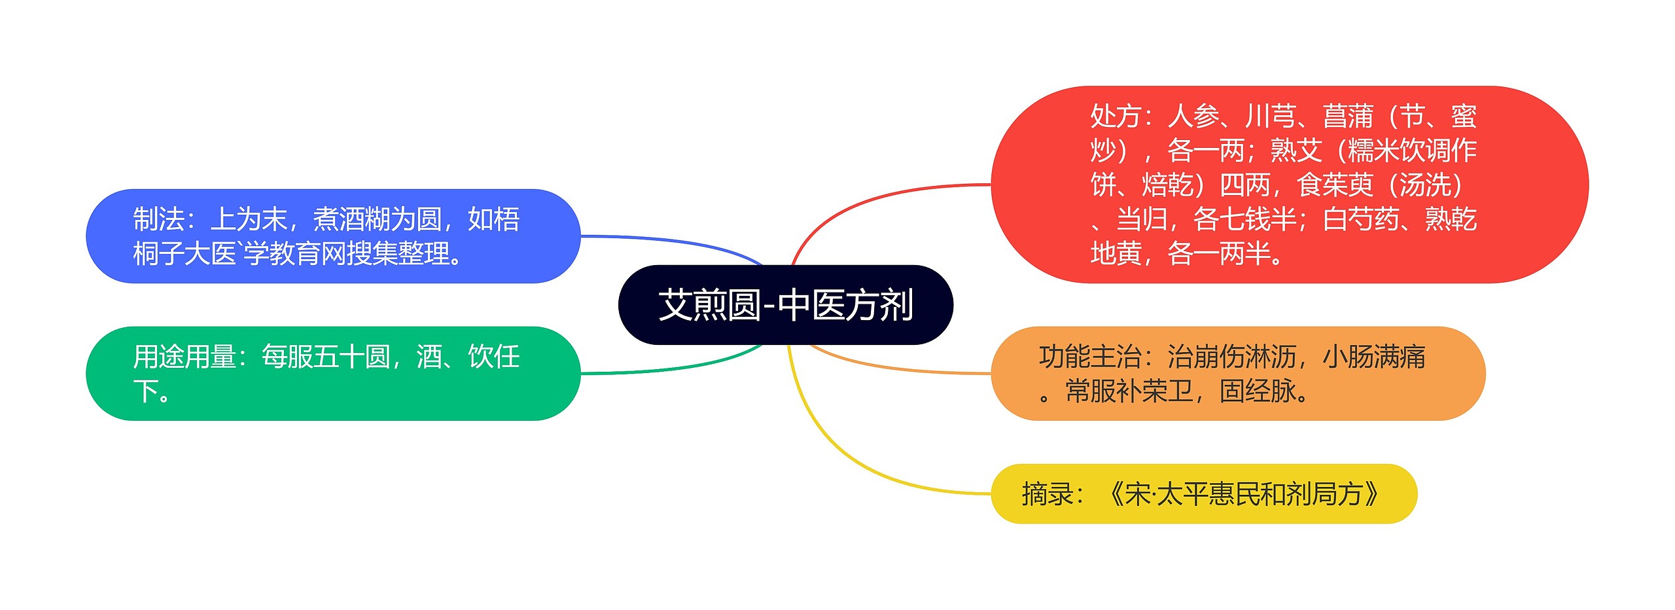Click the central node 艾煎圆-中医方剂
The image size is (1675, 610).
(x=785, y=305)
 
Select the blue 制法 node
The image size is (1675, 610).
(x=333, y=236)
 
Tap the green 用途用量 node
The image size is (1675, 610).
(x=333, y=374)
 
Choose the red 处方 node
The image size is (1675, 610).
(x=1289, y=185)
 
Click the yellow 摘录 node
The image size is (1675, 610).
(x=1204, y=494)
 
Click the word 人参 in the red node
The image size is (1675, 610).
(x=1193, y=117)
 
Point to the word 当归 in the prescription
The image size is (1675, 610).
(x=1142, y=219)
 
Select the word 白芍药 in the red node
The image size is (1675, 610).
(x=1361, y=219)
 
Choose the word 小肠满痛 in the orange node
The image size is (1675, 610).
(x=1374, y=357)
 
